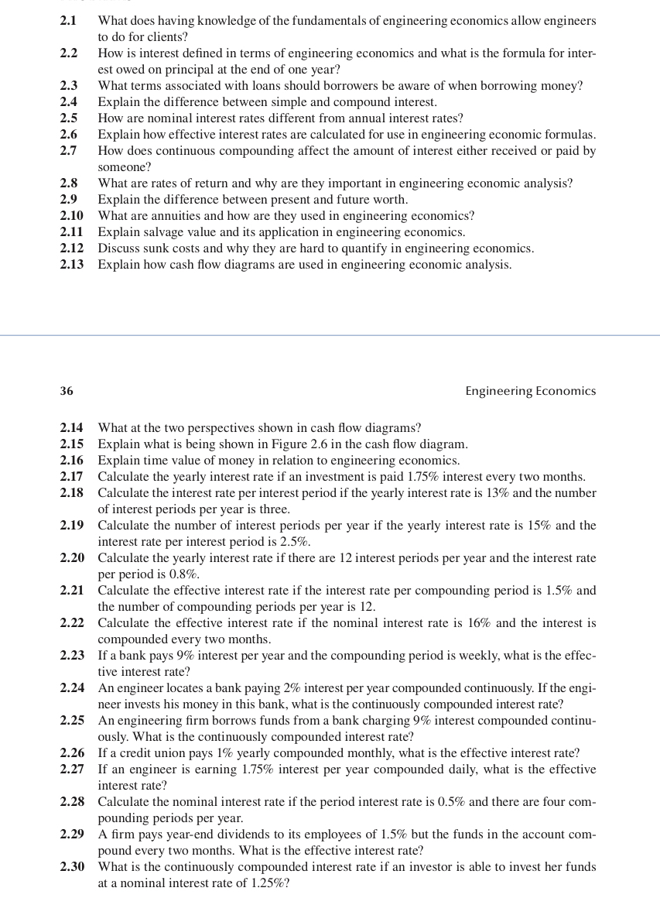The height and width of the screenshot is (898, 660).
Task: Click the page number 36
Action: tap(67, 391)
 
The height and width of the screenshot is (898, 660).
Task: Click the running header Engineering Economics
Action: tap(530, 391)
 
